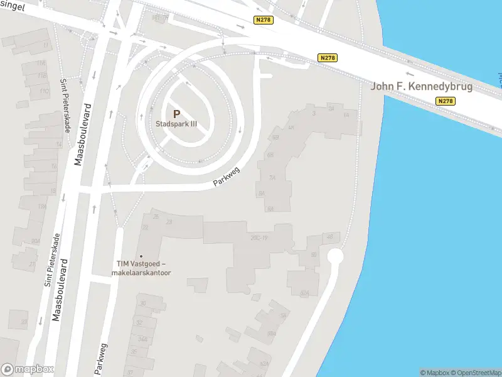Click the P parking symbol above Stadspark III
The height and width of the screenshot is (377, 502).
pos(176,114)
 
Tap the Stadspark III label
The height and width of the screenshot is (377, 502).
pos(176,124)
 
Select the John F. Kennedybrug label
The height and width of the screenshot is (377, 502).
pos(421,86)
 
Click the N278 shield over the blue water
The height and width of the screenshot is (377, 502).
pos(446,101)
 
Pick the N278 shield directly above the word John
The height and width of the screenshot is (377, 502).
pos(328,58)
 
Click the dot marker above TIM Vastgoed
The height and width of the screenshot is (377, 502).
pos(141,256)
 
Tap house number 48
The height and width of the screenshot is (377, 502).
pos(329,237)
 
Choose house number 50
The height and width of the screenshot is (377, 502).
pos(313,254)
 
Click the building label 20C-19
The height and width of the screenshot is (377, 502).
pos(259,237)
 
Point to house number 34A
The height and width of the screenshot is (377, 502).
pos(142,339)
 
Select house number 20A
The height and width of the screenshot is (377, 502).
pos(36,241)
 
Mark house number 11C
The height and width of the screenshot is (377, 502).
pos(44,91)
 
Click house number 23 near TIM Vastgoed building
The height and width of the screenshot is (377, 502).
pos(168,222)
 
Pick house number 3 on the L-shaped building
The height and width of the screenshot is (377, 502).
pos(313,113)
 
